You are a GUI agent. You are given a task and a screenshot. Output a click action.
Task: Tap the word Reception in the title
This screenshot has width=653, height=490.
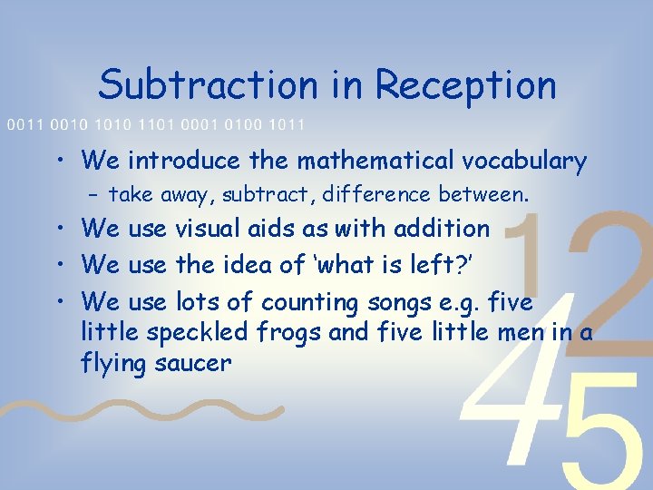click(x=465, y=86)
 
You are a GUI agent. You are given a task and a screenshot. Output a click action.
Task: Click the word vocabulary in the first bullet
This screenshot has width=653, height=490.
click(x=524, y=162)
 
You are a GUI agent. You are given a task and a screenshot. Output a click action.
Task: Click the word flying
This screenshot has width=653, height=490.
click(x=110, y=364)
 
